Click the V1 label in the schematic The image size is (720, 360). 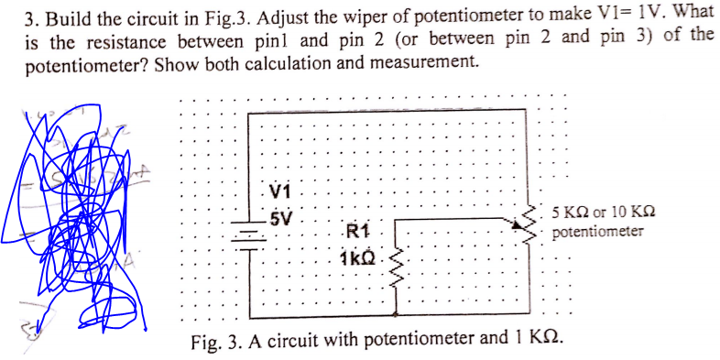pyautogui.click(x=281, y=193)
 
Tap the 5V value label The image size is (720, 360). pyautogui.click(x=280, y=218)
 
